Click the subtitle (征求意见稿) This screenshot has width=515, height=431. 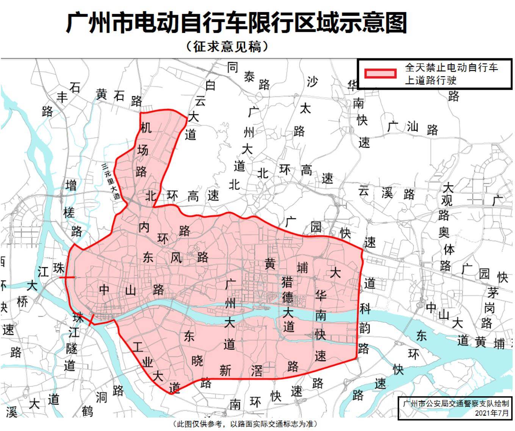227,47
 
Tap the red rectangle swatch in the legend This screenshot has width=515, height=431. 380,73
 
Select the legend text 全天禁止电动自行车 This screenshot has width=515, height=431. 451,68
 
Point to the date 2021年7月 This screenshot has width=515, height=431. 492,413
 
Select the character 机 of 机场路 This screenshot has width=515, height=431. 146,128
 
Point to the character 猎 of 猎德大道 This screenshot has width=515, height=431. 287,282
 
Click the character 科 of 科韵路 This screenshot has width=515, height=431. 365,309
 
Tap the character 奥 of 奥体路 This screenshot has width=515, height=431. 444,232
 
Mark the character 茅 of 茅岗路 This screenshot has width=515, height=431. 493,292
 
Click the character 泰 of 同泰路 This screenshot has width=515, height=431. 249,77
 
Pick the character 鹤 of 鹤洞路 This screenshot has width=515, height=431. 88,410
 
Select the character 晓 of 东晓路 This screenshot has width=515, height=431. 197,361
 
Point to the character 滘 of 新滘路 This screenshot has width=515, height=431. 257,370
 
